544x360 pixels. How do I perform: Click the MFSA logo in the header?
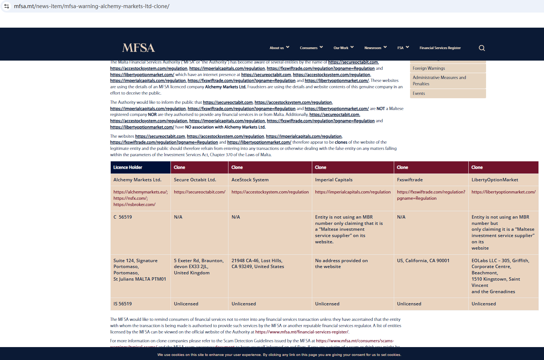(138, 48)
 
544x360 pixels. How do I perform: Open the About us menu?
(279, 48)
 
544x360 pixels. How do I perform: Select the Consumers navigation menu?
(311, 48)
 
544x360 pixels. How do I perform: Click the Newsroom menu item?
(375, 48)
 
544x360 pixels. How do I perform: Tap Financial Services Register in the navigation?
(440, 48)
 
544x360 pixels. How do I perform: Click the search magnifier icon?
(482, 48)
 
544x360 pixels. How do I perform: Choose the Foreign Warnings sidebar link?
(429, 68)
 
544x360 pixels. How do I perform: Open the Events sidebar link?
(419, 93)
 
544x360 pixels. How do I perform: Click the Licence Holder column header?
(128, 167)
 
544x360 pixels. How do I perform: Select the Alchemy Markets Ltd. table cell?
(137, 180)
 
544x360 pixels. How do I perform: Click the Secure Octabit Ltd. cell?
(195, 180)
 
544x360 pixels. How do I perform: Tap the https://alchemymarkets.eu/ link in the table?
(140, 192)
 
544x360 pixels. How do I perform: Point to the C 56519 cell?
(123, 217)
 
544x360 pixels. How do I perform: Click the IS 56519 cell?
(123, 304)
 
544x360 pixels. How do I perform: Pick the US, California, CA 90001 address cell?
(423, 261)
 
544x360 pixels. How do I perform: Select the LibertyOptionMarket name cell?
(495, 180)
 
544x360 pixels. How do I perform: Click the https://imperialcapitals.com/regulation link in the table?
(352, 192)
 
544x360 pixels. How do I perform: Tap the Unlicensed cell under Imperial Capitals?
(327, 304)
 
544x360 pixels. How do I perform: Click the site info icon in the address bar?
(7, 6)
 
